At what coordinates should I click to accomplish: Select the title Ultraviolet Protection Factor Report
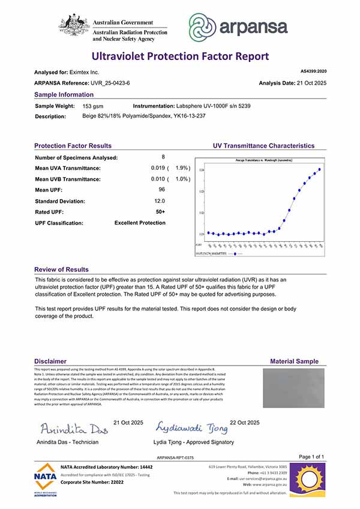pyautogui.click(x=180, y=56)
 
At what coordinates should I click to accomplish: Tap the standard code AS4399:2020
pyautogui.click(x=313, y=71)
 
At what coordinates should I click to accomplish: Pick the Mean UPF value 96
pyautogui.click(x=161, y=190)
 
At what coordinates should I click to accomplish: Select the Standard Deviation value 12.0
pyautogui.click(x=160, y=201)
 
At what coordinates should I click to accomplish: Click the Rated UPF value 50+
pyautogui.click(x=160, y=212)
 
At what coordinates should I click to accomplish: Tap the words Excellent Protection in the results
pyautogui.click(x=140, y=223)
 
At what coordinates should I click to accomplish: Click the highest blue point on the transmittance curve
pyautogui.click(x=320, y=169)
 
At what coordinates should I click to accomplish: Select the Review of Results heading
pyautogui.click(x=61, y=270)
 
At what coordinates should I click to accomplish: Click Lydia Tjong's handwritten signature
pyautogui.click(x=192, y=427)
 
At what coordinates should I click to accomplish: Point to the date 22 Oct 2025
pyautogui.click(x=245, y=423)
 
